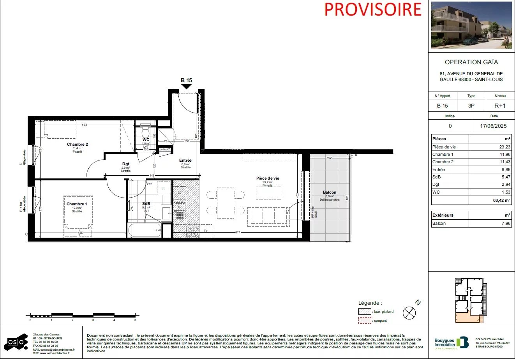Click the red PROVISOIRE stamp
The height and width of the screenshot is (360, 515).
(373, 9)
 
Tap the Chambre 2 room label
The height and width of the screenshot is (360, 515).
(77, 145)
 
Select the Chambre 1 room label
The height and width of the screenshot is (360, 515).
(77, 204)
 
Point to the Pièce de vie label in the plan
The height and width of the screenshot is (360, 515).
(268, 178)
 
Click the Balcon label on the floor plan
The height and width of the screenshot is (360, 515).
(330, 192)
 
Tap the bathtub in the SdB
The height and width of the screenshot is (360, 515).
(144, 230)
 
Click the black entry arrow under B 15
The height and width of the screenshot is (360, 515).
(187, 86)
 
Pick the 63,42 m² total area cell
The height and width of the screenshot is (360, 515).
(502, 200)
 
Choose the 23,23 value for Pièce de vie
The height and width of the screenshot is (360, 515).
(505, 147)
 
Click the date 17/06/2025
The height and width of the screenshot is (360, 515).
(494, 126)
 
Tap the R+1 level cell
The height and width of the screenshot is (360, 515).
(500, 106)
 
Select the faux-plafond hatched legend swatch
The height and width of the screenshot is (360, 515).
(365, 312)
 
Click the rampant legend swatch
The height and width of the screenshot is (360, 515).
(365, 321)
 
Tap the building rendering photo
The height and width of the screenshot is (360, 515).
(471, 25)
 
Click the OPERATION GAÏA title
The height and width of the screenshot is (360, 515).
(471, 62)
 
